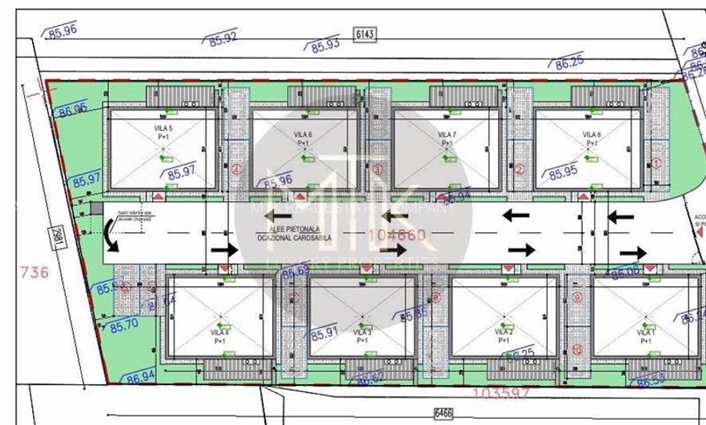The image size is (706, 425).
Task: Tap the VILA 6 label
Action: (304, 135)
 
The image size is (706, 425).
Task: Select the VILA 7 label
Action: (446, 135)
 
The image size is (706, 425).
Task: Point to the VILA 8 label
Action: (591, 135)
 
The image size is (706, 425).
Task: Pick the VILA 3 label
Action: (362, 332)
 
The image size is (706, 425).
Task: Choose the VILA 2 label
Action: (504, 332)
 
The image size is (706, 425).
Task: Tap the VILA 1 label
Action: (646, 332)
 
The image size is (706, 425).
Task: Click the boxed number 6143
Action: (366, 34)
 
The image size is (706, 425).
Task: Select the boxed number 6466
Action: (444, 410)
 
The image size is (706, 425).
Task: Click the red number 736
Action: (33, 273)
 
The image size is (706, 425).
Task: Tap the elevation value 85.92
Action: (223, 37)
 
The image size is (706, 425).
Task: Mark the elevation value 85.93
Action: (325, 44)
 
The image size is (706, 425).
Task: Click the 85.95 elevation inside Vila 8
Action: (563, 172)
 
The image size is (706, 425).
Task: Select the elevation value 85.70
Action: (123, 324)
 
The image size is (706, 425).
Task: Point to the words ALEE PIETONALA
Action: (279, 228)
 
